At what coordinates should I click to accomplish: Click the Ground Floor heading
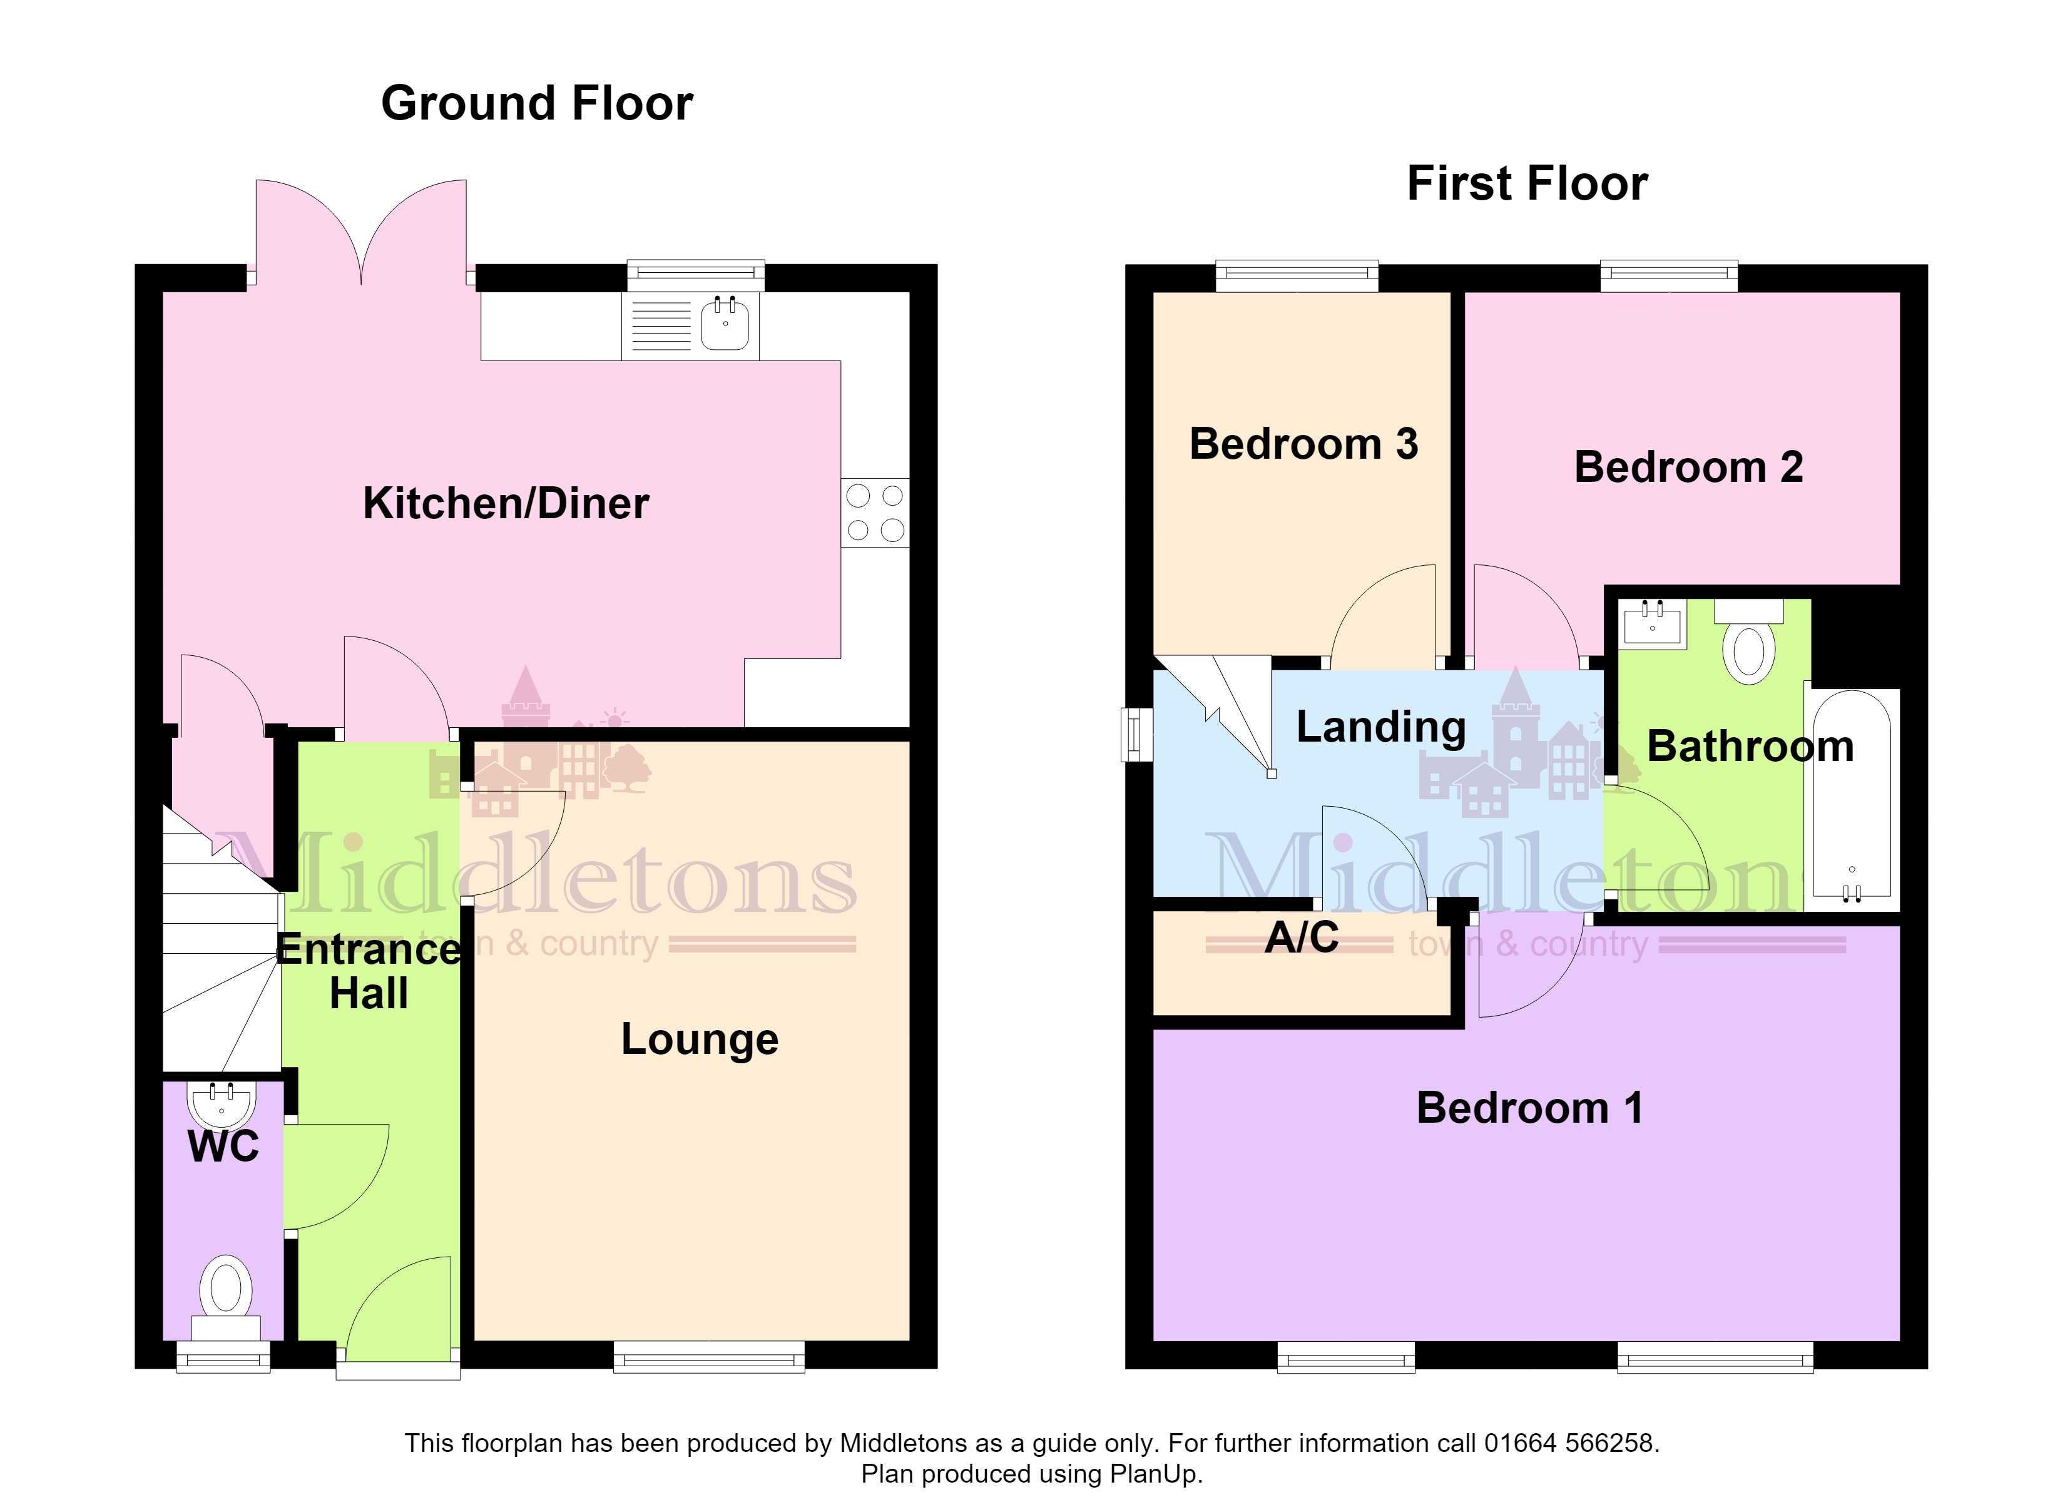pyautogui.click(x=536, y=103)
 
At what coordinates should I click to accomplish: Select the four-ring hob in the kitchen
pyautogui.click(x=875, y=513)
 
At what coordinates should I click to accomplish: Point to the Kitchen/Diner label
pyautogui.click(x=506, y=503)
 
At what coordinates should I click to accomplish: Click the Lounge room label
pyautogui.click(x=699, y=1040)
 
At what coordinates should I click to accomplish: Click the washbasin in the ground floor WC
pyautogui.click(x=220, y=1105)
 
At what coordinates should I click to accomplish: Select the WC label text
pyautogui.click(x=223, y=1146)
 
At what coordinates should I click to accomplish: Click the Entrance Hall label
pyautogui.click(x=369, y=971)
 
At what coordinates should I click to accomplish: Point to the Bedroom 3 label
pyautogui.click(x=1304, y=444)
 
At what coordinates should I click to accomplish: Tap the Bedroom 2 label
pyautogui.click(x=1688, y=467)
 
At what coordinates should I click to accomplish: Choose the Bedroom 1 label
pyautogui.click(x=1529, y=1108)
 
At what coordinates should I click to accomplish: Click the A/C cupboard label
pyautogui.click(x=1302, y=937)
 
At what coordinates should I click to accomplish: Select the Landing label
pyautogui.click(x=1381, y=728)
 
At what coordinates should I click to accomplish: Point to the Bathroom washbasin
pyautogui.click(x=1653, y=624)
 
